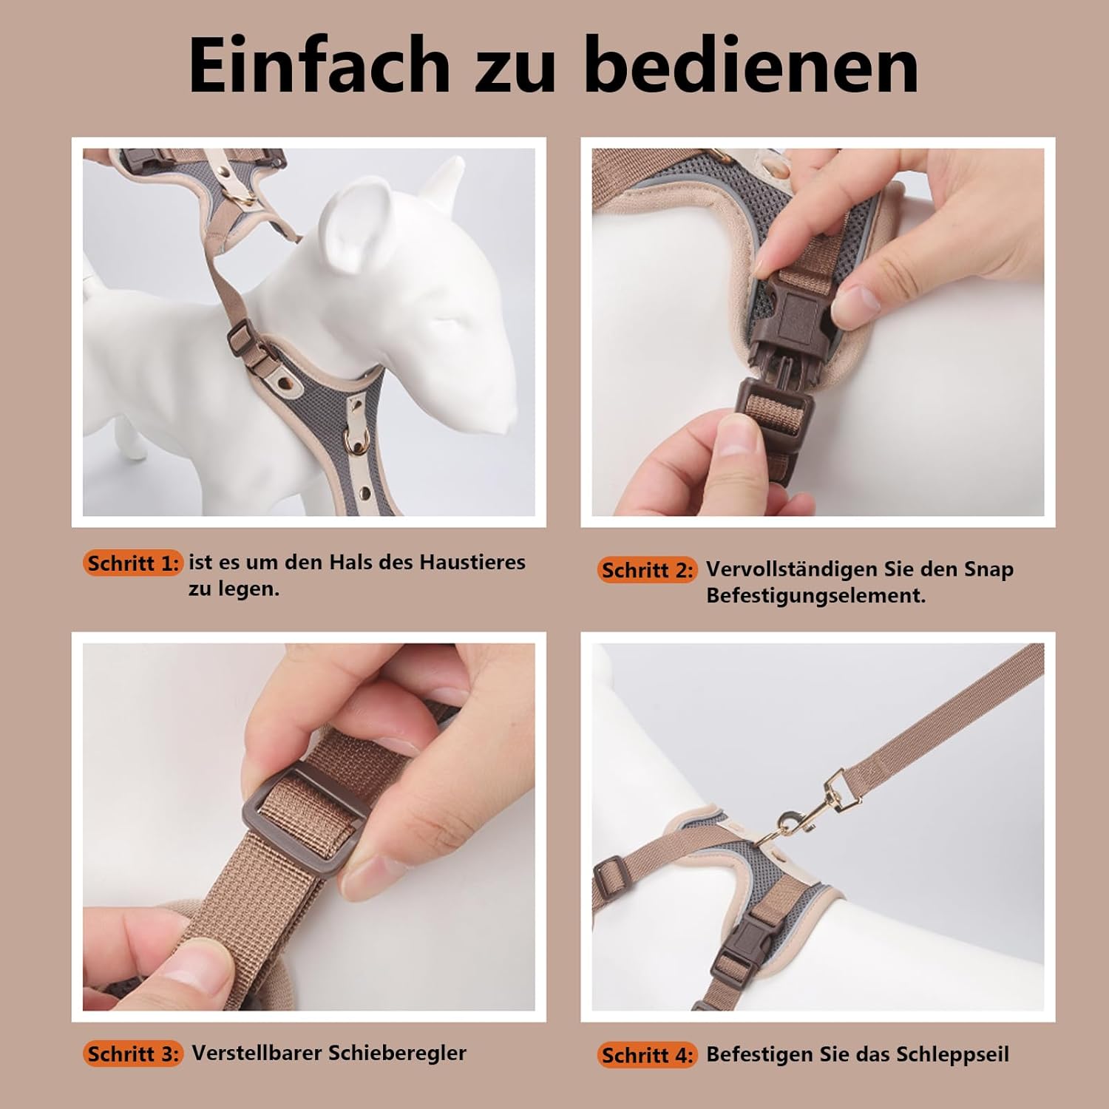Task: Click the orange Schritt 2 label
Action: pos(647,570)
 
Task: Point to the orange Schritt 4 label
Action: pos(647,1055)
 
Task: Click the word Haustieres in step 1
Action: pos(472,562)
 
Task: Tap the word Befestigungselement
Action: pos(815,595)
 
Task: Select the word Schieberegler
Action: pos(397,1053)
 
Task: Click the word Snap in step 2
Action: pos(988,571)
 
